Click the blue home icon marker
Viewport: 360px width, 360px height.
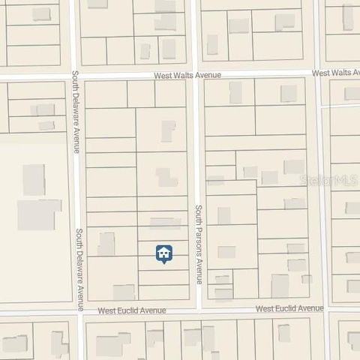[163, 253]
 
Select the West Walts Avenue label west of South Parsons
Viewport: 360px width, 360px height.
[187, 75]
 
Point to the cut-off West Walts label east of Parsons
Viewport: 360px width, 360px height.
[335, 73]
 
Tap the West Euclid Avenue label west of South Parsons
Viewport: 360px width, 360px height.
[132, 310]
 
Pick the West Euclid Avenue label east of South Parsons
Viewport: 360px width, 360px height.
[289, 308]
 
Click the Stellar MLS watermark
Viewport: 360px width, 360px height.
[328, 180]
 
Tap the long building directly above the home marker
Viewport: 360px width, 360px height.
[166, 223]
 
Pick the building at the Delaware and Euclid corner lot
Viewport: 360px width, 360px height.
[124, 292]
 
